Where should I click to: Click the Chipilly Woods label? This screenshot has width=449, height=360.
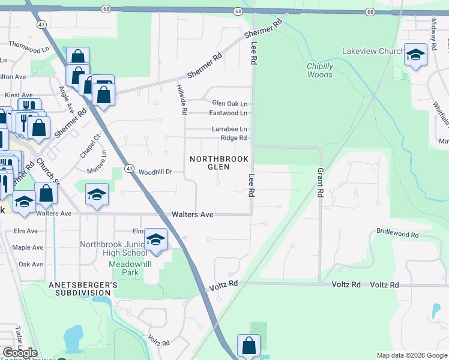[x=319, y=70]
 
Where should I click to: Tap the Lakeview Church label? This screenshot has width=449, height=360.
[x=372, y=52]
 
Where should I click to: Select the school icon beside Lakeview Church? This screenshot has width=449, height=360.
[x=414, y=56]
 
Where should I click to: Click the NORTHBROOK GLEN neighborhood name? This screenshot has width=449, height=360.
[x=218, y=163]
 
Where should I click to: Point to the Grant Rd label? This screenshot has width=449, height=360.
[x=320, y=184]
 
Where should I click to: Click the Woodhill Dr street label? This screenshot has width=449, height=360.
[x=155, y=172]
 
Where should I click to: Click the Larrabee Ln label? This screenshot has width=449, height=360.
[x=229, y=129]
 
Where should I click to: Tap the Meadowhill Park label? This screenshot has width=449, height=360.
[x=119, y=268]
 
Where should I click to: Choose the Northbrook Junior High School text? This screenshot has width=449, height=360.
[x=113, y=248]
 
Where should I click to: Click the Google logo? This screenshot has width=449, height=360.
[x=20, y=352]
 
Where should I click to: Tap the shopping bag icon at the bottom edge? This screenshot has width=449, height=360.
[x=249, y=346]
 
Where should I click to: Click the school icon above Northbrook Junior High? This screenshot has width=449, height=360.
[x=155, y=240]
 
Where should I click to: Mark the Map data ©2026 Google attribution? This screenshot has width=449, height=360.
[x=411, y=355]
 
